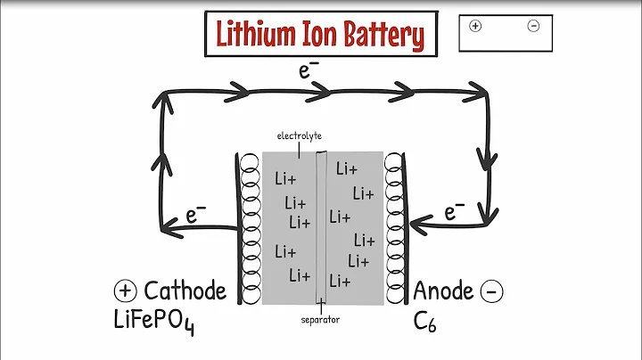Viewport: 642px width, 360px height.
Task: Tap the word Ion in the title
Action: [x=328, y=36]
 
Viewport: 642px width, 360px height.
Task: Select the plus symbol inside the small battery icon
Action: [x=474, y=26]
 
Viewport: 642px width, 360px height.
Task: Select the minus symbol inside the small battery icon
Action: [x=533, y=26]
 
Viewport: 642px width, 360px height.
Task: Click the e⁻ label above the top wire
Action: [x=309, y=70]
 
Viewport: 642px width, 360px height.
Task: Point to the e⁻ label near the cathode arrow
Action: [x=196, y=213]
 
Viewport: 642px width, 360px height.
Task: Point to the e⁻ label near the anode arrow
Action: [x=454, y=211]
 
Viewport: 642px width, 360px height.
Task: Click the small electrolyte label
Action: [x=298, y=135]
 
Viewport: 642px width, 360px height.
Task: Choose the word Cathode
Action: [x=185, y=290]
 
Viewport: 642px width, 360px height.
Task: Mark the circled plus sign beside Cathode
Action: [x=125, y=290]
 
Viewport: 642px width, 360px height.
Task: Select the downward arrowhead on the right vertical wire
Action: [x=488, y=159]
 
